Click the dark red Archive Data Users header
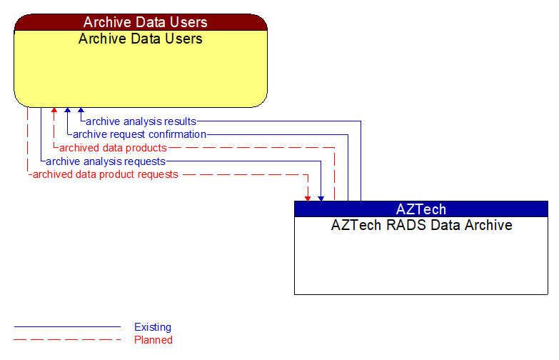141,22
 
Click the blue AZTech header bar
420,209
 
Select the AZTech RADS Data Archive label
420,225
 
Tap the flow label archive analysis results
141,121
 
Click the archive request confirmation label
139,134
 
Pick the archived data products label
113,148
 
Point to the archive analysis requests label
106,161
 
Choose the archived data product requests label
105,174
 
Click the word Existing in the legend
153,327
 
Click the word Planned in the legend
153,340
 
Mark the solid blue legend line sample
67,327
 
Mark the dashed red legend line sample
67,340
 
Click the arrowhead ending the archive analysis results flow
81,111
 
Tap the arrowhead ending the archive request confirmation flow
67,111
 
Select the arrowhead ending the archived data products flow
54,111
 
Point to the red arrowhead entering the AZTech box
308,198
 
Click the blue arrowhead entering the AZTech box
321,198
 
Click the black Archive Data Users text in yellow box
141,39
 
